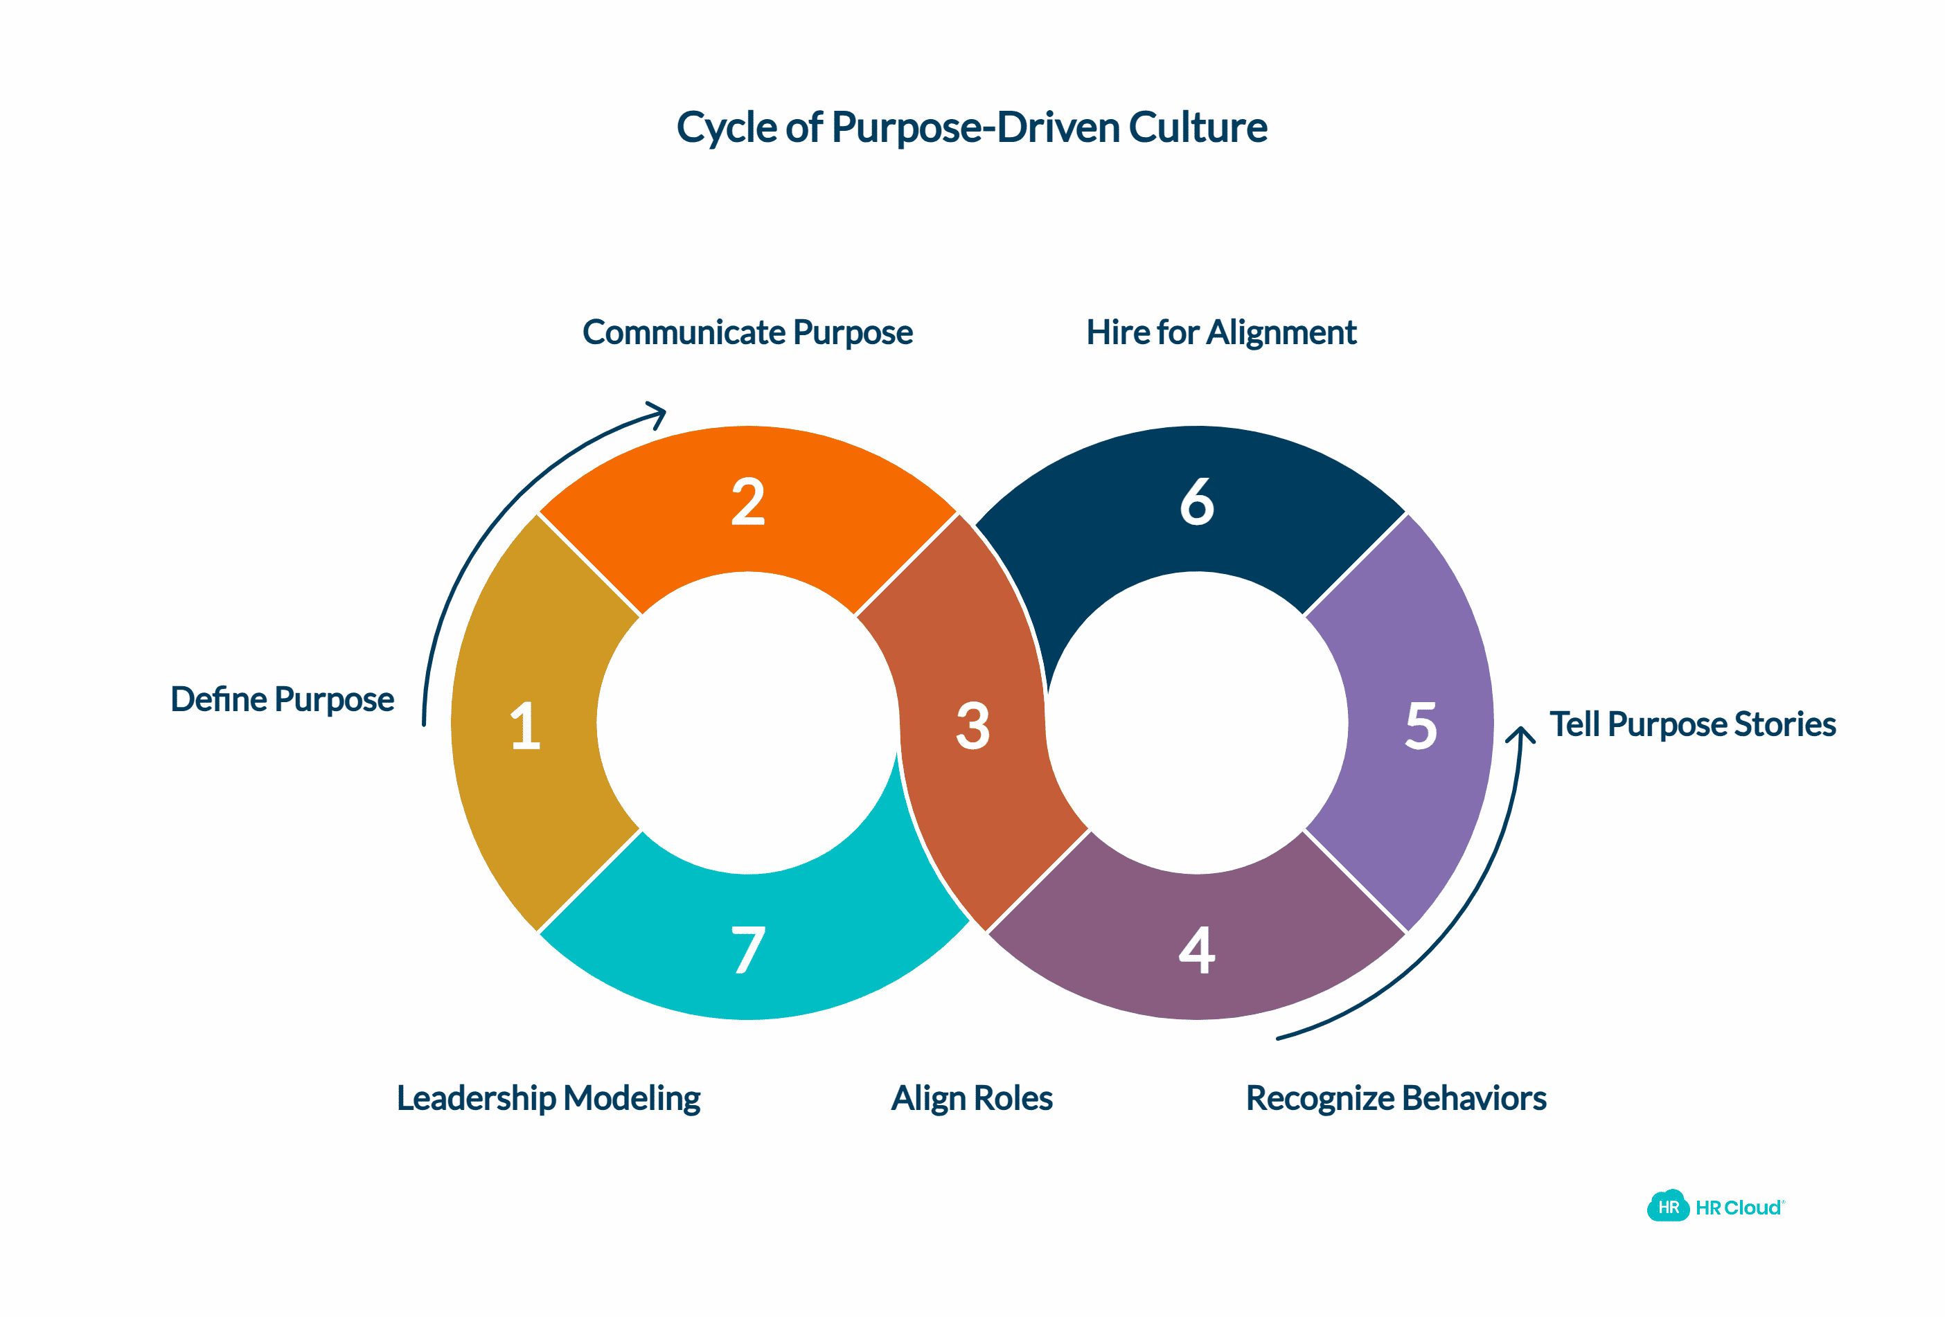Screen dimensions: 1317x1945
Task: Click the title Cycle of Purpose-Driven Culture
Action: pos(971,128)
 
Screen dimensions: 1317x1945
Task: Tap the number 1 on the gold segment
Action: pos(526,726)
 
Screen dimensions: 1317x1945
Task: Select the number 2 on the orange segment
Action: pos(747,502)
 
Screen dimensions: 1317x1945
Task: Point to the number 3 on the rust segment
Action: pos(972,726)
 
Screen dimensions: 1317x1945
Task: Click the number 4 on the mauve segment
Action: pos(1197,950)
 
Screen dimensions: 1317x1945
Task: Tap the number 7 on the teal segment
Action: pos(747,950)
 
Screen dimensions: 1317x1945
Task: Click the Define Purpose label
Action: pos(282,699)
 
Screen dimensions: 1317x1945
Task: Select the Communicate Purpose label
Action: pos(747,333)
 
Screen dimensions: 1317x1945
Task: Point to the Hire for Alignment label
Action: pos(1221,333)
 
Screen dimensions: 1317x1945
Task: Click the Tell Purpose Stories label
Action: pos(1692,724)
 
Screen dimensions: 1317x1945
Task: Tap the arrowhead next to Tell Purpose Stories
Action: pos(1520,735)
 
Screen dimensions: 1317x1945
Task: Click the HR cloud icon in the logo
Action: pos(1667,1206)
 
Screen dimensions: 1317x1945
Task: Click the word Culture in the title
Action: pos(1198,128)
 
